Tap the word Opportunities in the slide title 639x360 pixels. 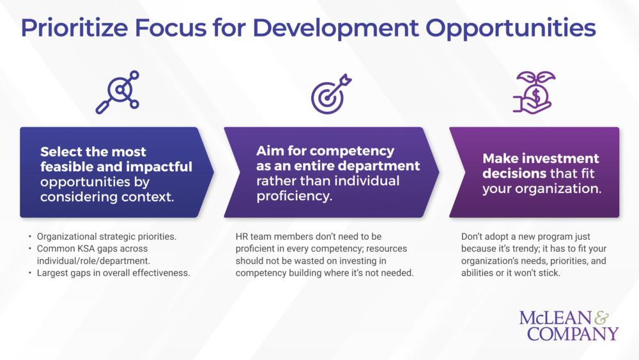click(x=511, y=29)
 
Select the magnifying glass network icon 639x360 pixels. click(x=118, y=92)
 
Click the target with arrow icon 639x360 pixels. click(x=331, y=94)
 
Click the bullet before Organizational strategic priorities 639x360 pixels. click(x=30, y=237)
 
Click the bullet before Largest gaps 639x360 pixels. click(x=30, y=273)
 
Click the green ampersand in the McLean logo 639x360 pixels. click(x=601, y=318)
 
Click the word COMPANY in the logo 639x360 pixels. click(x=573, y=334)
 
